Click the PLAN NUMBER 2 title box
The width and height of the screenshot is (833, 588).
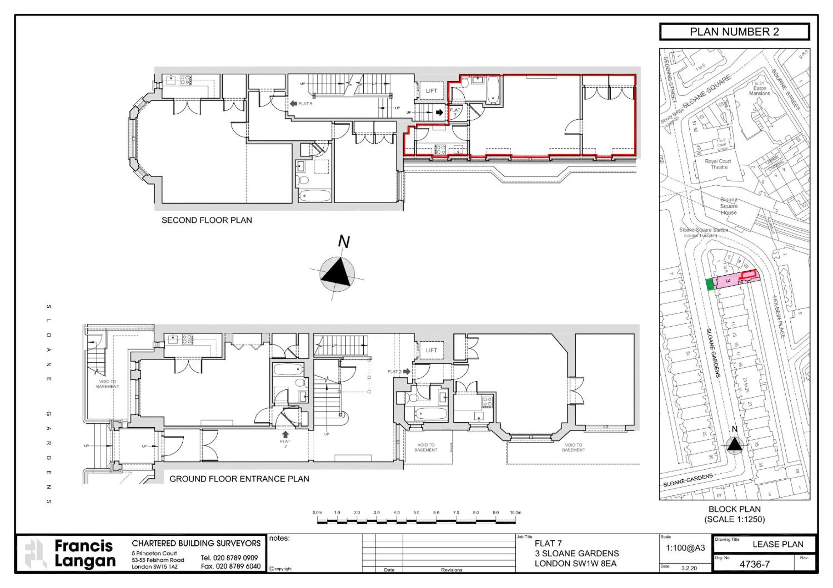tap(734, 32)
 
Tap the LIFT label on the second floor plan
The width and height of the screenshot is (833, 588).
tap(431, 91)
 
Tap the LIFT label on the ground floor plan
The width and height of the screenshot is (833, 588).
tap(431, 350)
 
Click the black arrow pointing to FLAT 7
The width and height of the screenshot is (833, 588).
tap(439, 112)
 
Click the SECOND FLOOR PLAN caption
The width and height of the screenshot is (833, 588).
tap(206, 220)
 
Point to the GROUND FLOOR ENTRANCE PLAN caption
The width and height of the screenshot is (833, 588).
tap(239, 479)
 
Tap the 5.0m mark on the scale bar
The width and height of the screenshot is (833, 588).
tap(416, 513)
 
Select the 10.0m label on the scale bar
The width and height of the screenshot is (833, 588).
tap(515, 513)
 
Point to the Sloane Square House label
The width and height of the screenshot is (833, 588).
tap(729, 206)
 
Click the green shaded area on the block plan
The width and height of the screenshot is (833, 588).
tap(710, 284)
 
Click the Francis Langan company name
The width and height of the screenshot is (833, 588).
tap(85, 553)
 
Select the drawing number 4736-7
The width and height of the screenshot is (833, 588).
tap(754, 565)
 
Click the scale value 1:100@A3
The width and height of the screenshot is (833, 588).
tap(685, 548)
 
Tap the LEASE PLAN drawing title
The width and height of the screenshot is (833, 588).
tap(778, 544)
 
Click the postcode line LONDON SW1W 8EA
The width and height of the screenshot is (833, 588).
tap(575, 564)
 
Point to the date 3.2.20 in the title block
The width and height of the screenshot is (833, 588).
tap(689, 568)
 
